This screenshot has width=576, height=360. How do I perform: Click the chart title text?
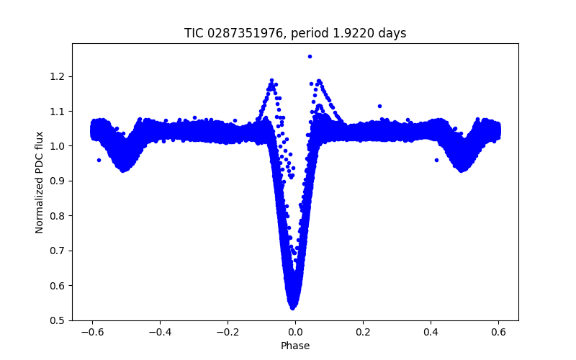[x=295, y=33]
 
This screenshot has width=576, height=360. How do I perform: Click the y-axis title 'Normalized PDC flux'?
[x=40, y=181]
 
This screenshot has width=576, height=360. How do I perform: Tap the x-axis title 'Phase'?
[x=295, y=346]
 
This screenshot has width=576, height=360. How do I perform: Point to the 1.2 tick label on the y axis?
[x=58, y=76]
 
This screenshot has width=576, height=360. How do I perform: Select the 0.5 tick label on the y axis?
[x=58, y=320]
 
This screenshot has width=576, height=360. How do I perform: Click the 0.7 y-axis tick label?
[x=58, y=251]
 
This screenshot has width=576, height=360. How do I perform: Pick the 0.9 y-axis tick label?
[x=58, y=181]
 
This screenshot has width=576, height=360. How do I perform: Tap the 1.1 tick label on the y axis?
[x=58, y=112]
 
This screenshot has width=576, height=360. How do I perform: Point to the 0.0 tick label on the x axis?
[x=295, y=332]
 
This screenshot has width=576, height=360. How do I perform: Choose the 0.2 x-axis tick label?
[x=363, y=332]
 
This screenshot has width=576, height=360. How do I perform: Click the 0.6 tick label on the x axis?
[x=498, y=332]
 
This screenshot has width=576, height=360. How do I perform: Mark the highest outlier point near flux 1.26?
[x=310, y=55]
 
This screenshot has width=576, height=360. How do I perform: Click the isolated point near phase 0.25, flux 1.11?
[x=379, y=106]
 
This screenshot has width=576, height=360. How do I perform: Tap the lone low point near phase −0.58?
[x=99, y=160]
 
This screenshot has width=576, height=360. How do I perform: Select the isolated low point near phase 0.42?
[x=436, y=160]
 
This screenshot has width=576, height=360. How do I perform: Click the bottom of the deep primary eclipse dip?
[x=294, y=306]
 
